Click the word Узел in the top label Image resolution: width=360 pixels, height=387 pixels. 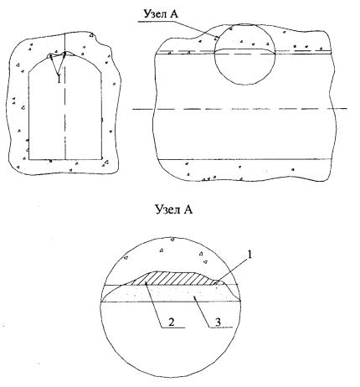[x=154, y=14]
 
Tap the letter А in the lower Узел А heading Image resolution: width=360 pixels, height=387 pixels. [x=188, y=209]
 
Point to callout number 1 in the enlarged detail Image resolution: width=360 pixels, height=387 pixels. [x=249, y=255]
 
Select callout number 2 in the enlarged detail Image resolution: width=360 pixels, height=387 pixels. [x=172, y=322]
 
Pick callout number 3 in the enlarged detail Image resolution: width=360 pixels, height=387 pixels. [x=218, y=322]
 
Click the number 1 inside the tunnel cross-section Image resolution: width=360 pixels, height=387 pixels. [x=59, y=80]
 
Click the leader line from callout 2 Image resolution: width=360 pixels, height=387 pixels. [x=154, y=305]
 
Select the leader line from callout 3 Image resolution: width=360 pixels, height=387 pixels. [x=203, y=312]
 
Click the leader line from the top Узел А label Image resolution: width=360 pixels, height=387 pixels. [x=177, y=28]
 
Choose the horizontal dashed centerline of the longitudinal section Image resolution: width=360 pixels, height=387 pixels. [x=239, y=108]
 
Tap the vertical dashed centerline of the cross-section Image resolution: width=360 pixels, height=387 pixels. [x=65, y=96]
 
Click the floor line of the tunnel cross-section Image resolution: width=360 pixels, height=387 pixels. [x=65, y=160]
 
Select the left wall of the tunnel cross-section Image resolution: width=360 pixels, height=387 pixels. [x=28, y=116]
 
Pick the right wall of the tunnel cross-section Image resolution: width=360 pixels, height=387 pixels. [x=101, y=116]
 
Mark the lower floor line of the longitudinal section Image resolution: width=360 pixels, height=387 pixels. [x=244, y=159]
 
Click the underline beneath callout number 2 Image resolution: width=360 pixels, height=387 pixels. [x=173, y=328]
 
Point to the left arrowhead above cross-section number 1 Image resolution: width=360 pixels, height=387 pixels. [x=51, y=57]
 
